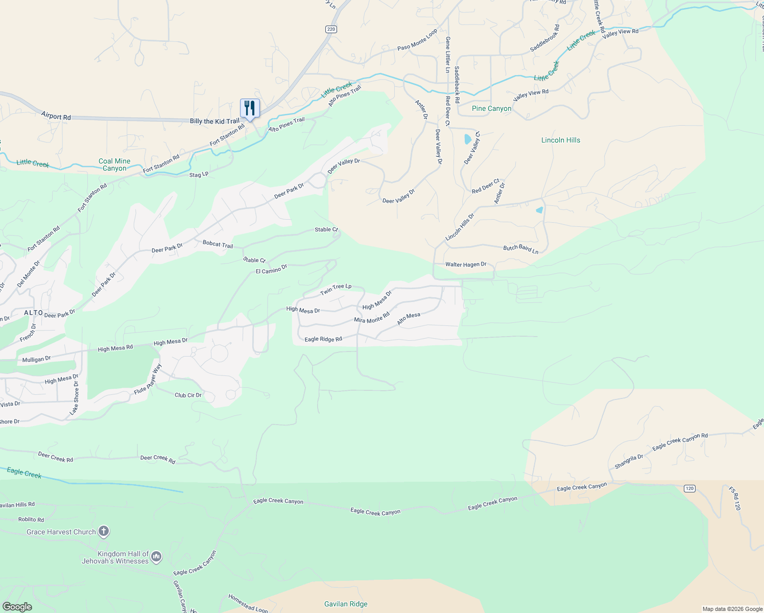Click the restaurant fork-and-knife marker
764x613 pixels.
(x=250, y=108)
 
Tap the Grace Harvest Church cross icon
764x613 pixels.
(x=103, y=531)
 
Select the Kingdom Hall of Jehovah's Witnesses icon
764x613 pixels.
(x=156, y=557)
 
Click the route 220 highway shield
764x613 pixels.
(x=331, y=29)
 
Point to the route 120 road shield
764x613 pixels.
(x=689, y=488)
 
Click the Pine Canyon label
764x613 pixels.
(x=491, y=108)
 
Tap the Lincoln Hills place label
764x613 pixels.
(x=560, y=140)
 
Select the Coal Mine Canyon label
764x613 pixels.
(x=114, y=164)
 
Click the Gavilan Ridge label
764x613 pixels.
(x=346, y=604)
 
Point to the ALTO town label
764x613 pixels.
(x=34, y=313)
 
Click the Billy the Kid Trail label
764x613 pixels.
(x=214, y=121)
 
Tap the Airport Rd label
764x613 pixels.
(x=56, y=117)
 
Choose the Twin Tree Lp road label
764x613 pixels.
(x=336, y=289)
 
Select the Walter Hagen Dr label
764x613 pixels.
(x=466, y=265)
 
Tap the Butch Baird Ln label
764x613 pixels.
(x=520, y=249)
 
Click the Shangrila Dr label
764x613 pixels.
(x=629, y=462)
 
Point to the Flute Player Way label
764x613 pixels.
(x=148, y=379)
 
